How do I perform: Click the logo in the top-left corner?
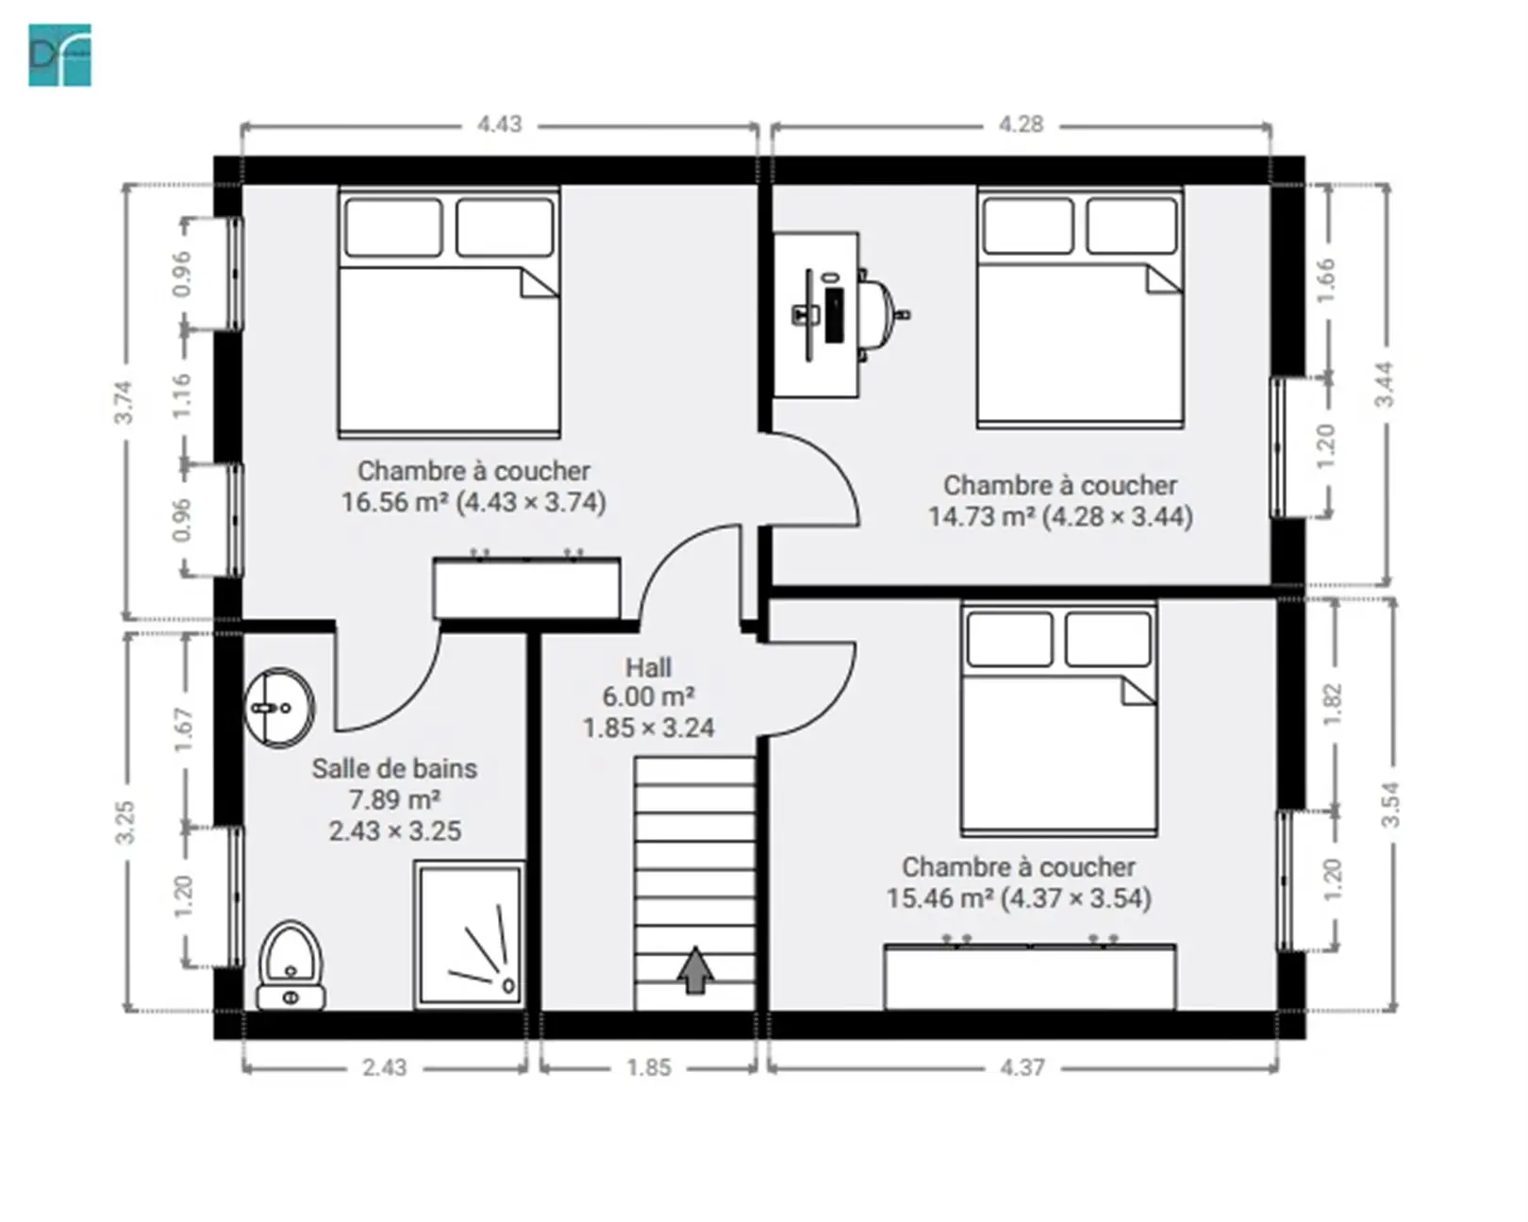[x=59, y=56]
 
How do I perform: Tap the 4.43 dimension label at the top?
[x=499, y=125]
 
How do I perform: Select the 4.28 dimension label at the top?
[x=1021, y=125]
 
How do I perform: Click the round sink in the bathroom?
[x=279, y=708]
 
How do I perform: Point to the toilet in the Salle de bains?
[x=291, y=965]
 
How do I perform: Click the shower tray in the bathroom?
[x=470, y=935]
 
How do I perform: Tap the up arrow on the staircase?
[x=695, y=970]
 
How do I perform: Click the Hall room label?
[x=648, y=668]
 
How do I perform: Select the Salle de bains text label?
[x=395, y=769]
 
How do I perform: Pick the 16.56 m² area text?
[x=395, y=502]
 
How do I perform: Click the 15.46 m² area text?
[x=940, y=898]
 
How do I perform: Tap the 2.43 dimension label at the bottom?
[x=384, y=1068]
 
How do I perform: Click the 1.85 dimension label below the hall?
[x=649, y=1068]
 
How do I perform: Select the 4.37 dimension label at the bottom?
[x=1022, y=1068]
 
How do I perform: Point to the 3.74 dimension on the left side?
[x=124, y=402]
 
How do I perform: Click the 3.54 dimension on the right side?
[x=1390, y=804]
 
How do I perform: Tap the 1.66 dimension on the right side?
[x=1326, y=280]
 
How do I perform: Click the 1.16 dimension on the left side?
[x=182, y=395]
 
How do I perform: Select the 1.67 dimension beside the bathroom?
[x=184, y=730]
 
